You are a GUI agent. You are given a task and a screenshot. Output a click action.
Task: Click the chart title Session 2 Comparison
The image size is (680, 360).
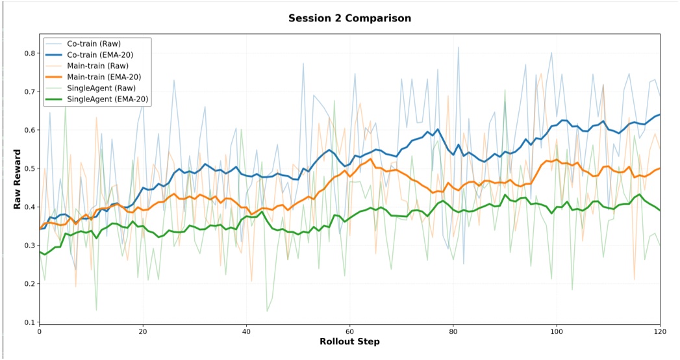click(349, 18)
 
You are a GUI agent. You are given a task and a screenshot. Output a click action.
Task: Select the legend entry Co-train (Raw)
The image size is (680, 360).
click(94, 44)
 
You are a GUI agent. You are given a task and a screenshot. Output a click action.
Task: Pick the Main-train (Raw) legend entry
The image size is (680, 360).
click(97, 66)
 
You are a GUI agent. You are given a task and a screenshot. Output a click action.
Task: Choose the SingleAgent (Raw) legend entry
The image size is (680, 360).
click(101, 88)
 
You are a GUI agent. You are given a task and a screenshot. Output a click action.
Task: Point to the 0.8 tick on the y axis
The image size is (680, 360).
click(29, 53)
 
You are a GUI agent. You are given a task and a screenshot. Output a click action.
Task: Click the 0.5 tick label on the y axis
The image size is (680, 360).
click(29, 169)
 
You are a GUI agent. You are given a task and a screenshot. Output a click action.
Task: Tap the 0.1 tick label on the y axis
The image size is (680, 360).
click(29, 322)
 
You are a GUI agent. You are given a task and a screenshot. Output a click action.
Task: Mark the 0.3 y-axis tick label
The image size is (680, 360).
click(29, 246)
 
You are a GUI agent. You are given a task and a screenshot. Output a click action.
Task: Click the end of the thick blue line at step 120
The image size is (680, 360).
click(660, 114)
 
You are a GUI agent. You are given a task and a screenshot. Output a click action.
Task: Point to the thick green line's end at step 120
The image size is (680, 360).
click(660, 210)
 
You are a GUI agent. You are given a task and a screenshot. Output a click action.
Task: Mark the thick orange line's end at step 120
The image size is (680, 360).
click(660, 168)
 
